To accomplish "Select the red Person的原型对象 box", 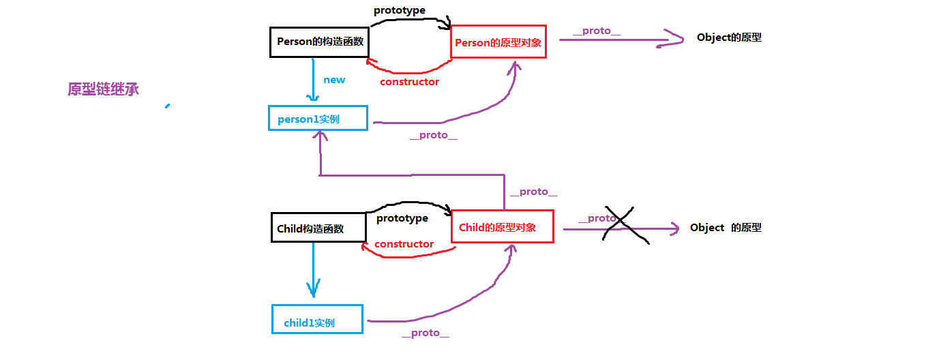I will pyautogui.click(x=498, y=42).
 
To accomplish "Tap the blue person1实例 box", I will pyautogui.click(x=318, y=118).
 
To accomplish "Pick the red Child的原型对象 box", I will pyautogui.click(x=501, y=226).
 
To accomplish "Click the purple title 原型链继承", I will pyautogui.click(x=104, y=89).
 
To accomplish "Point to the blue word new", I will pyautogui.click(x=334, y=80).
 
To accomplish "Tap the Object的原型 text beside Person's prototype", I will pyautogui.click(x=729, y=37).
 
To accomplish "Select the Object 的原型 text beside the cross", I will pyautogui.click(x=726, y=228).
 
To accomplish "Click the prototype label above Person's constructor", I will pyautogui.click(x=400, y=11).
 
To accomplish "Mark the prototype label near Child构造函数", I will pyautogui.click(x=402, y=218).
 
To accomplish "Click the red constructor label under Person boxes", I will pyautogui.click(x=409, y=82).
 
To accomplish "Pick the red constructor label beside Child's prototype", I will pyautogui.click(x=404, y=244).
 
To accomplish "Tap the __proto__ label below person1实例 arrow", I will pyautogui.click(x=434, y=135).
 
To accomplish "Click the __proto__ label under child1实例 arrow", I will pyautogui.click(x=425, y=333).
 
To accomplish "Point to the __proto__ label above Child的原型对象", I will pyautogui.click(x=533, y=192).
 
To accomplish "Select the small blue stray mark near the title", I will pyautogui.click(x=166, y=106).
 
